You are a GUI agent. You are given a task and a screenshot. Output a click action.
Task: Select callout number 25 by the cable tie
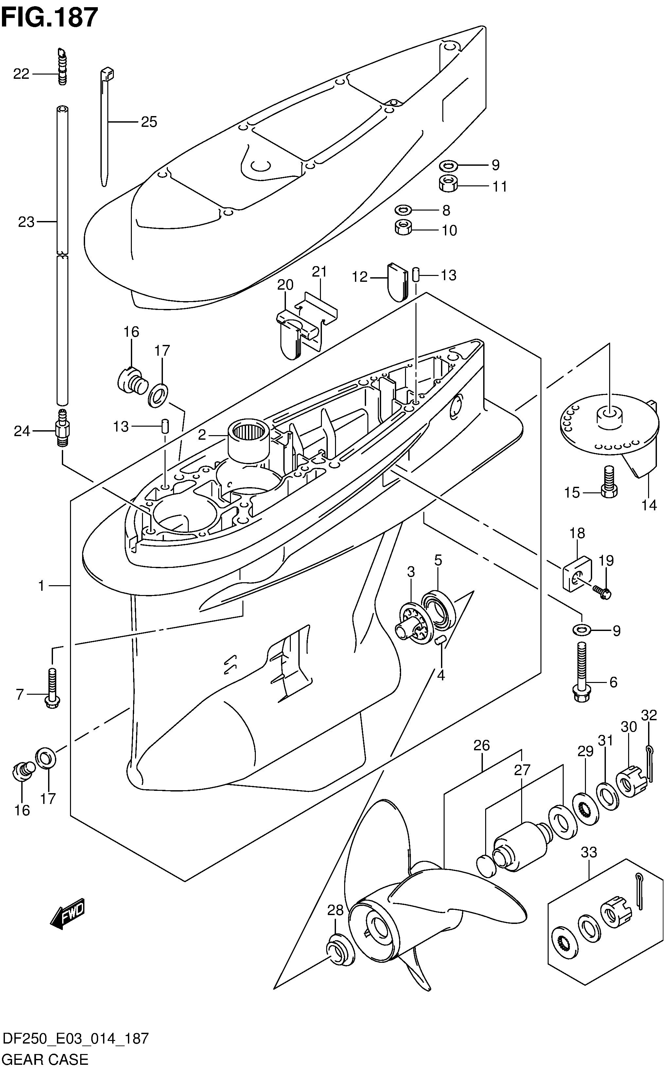149,122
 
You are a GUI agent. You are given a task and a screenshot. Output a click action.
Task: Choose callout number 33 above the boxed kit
589,852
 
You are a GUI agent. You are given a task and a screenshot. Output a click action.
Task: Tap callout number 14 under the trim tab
649,505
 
